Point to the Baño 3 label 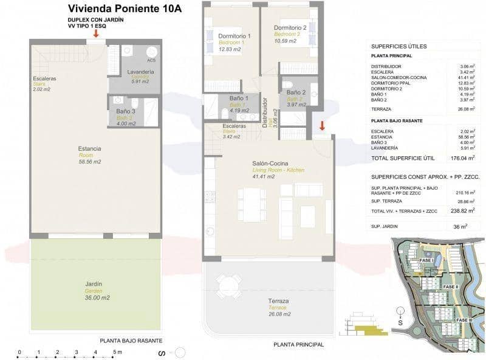[125, 111]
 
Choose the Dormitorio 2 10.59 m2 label [290, 28]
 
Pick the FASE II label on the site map [450, 286]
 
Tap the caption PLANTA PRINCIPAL [298, 344]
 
